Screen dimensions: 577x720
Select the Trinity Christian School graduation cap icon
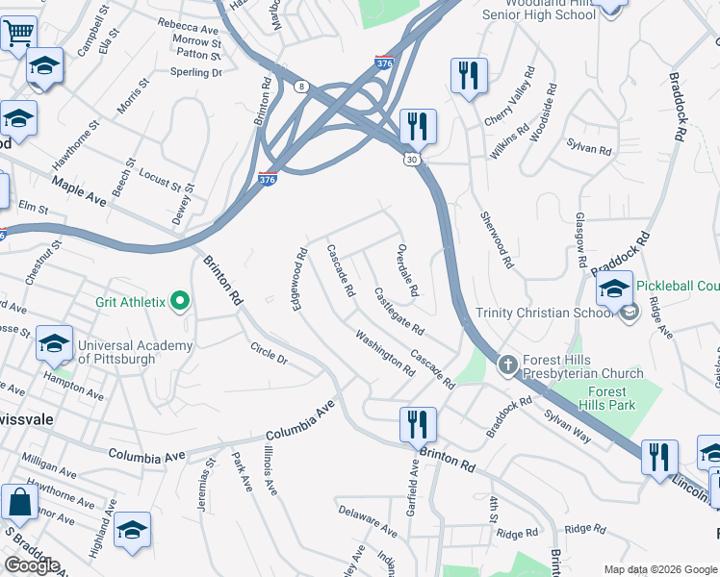[x=614, y=288]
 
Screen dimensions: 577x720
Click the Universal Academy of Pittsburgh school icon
[x=55, y=342]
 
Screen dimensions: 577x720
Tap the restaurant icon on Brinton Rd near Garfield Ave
[x=418, y=423]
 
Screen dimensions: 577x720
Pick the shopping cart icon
[x=18, y=34]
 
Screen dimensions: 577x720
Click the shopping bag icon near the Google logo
[x=18, y=501]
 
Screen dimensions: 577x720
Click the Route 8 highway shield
[x=301, y=87]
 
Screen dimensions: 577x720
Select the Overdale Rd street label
[x=408, y=270]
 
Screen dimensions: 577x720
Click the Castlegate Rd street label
[x=399, y=311]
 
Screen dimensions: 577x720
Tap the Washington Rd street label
[x=384, y=352]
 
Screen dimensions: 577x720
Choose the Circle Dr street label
[x=269, y=353]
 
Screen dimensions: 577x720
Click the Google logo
[x=32, y=565]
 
